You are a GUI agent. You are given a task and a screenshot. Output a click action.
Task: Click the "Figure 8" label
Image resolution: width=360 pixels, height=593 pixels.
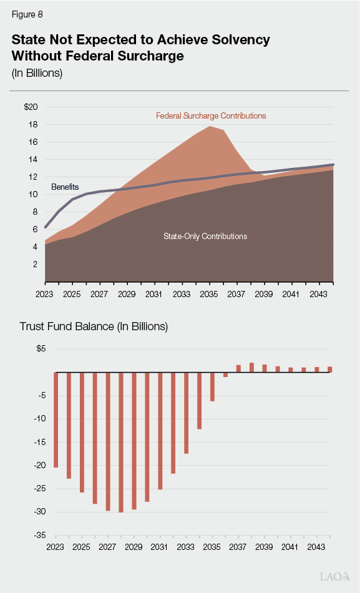click(27, 14)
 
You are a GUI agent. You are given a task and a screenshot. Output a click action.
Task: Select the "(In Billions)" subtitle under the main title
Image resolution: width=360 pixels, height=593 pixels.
click(37, 73)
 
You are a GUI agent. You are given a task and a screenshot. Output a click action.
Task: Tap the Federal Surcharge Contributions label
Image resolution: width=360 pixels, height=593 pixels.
click(211, 116)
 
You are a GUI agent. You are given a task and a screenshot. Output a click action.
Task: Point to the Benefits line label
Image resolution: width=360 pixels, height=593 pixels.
click(65, 187)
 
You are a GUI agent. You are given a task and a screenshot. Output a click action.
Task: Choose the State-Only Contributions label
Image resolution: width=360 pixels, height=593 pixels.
click(205, 237)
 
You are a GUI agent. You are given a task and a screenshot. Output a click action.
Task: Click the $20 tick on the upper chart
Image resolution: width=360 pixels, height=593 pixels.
click(31, 107)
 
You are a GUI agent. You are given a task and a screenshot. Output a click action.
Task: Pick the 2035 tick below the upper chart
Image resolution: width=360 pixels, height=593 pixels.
click(209, 293)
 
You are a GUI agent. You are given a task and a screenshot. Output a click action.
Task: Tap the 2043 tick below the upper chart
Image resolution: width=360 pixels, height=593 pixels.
click(318, 293)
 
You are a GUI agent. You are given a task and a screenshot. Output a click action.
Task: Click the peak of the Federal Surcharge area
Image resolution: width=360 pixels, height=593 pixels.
click(210, 127)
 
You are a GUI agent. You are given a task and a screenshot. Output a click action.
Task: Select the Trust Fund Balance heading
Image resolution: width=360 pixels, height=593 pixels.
click(94, 326)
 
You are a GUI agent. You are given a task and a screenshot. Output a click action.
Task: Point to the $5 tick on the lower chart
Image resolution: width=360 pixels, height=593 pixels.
click(41, 349)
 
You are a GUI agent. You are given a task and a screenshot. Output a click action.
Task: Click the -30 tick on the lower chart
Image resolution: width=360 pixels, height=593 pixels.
click(39, 512)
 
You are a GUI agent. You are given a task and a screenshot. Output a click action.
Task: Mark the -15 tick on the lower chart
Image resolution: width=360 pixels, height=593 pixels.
click(39, 442)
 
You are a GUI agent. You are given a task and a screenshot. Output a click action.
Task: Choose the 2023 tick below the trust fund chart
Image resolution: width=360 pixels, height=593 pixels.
click(56, 547)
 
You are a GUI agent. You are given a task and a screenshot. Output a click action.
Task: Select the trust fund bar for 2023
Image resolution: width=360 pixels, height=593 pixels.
click(56, 420)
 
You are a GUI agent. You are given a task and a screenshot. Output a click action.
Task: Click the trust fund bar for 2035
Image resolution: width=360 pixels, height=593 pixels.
click(212, 387)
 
